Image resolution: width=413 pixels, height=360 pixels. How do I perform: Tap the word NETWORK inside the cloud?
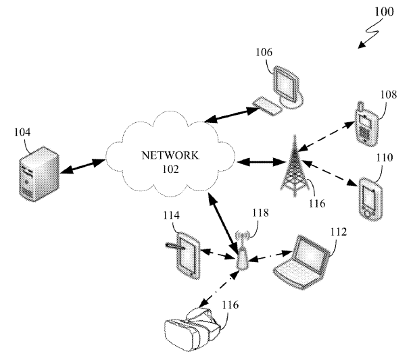pos(170,155)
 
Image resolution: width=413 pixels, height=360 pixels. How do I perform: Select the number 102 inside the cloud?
pos(170,169)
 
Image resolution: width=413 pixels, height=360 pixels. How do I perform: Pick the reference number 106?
pos(264,51)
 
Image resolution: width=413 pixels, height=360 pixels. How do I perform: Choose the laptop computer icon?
pos(305,260)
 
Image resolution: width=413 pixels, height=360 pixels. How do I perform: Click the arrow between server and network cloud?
pos(82,167)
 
